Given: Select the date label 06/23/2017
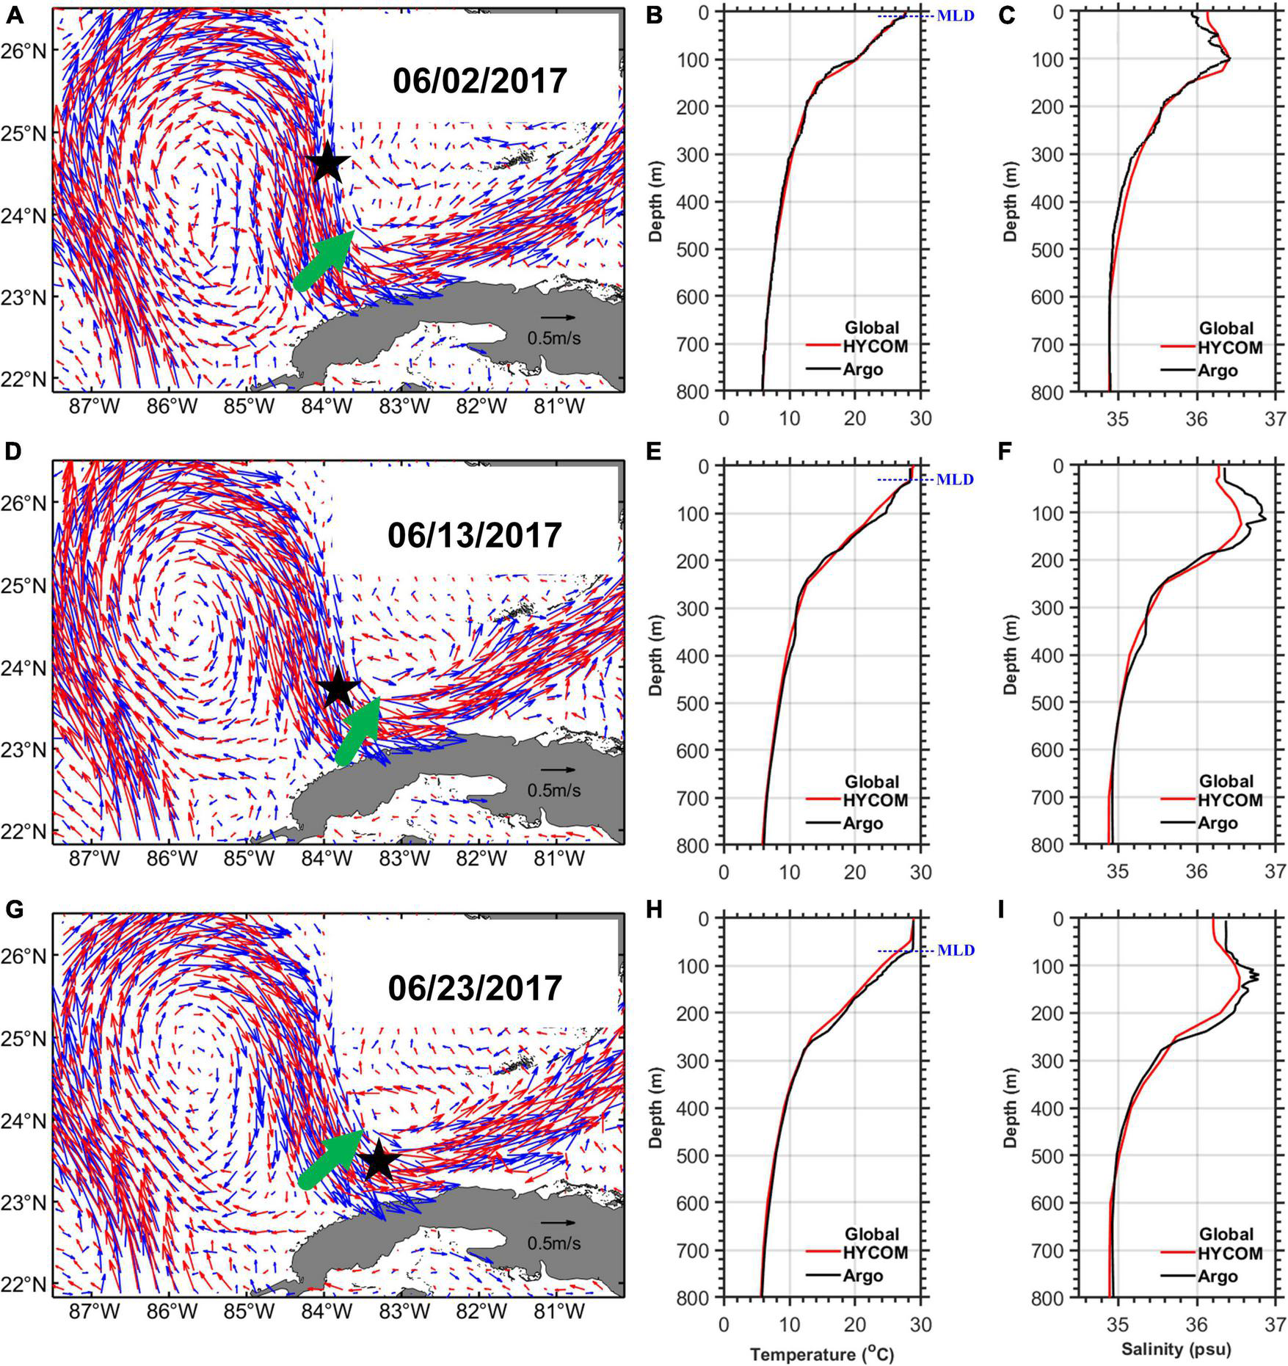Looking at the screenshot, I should click(475, 987).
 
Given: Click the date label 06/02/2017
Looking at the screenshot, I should click(480, 81).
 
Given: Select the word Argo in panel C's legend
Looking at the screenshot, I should click(1218, 371).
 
